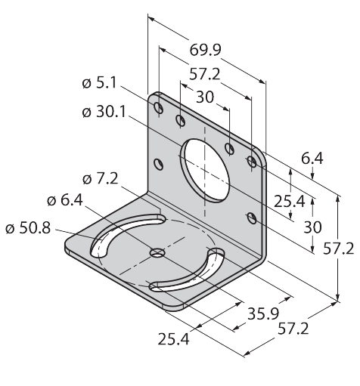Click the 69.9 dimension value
click(x=205, y=50)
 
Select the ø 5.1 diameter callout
click(x=99, y=82)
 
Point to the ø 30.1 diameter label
click(x=104, y=112)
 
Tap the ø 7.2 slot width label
click(x=100, y=179)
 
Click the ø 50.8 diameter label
click(x=28, y=228)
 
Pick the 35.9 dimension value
click(x=263, y=313)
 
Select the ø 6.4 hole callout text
click(x=65, y=200)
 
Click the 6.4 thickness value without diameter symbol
click(x=312, y=159)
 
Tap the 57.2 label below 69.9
click(x=205, y=75)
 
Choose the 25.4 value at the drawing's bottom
click(x=173, y=339)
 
